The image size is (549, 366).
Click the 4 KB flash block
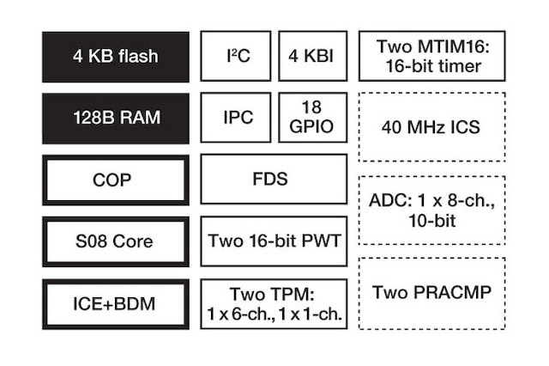[115, 57]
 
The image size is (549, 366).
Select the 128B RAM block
[115, 119]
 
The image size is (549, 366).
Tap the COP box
[115, 180]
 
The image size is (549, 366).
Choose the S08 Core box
[115, 241]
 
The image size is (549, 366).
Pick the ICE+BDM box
[115, 303]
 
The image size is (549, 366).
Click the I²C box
[236, 57]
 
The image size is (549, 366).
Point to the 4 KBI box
[312, 57]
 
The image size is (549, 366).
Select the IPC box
[236, 118]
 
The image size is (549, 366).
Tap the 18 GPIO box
[312, 118]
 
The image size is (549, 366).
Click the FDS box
[274, 180]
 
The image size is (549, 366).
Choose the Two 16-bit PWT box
[274, 241]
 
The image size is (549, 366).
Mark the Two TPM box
[274, 303]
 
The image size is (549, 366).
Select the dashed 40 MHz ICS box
[431, 127]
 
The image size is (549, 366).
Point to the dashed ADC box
[431, 210]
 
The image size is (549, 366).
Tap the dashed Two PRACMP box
[431, 293]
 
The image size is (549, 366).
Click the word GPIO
[312, 127]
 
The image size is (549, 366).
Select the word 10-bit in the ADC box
[431, 222]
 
